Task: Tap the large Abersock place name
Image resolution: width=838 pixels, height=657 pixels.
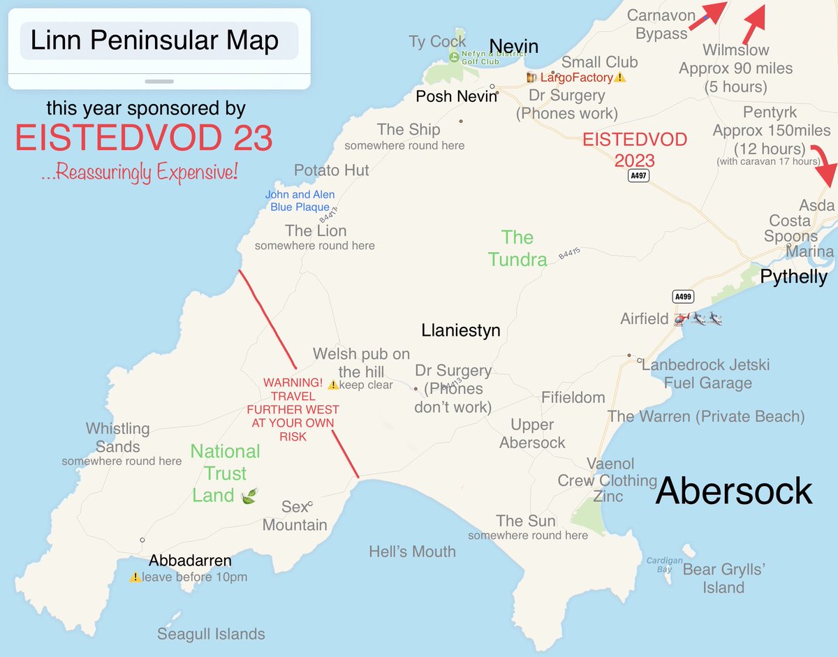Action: pyautogui.click(x=734, y=491)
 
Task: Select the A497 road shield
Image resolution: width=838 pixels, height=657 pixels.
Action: pyautogui.click(x=638, y=176)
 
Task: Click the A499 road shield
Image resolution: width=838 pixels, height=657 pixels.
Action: pyautogui.click(x=684, y=296)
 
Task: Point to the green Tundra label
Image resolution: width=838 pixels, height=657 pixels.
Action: pyautogui.click(x=517, y=249)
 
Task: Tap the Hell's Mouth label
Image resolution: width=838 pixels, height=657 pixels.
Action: pyautogui.click(x=412, y=552)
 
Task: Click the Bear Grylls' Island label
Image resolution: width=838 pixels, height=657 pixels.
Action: pyautogui.click(x=723, y=578)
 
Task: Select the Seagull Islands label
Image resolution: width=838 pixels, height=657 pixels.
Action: pyautogui.click(x=211, y=634)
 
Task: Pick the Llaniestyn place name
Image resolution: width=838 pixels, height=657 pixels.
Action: pyautogui.click(x=461, y=330)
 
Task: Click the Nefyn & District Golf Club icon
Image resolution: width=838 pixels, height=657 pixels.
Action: pyautogui.click(x=455, y=57)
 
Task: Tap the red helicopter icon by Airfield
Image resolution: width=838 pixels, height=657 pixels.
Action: pyautogui.click(x=681, y=319)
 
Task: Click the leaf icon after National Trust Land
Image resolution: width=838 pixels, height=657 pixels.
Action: pyautogui.click(x=249, y=496)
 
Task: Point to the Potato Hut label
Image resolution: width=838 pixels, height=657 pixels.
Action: pyautogui.click(x=331, y=170)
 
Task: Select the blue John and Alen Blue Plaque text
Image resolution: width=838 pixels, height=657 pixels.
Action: pyautogui.click(x=299, y=200)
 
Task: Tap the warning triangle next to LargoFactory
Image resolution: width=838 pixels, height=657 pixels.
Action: pyautogui.click(x=619, y=77)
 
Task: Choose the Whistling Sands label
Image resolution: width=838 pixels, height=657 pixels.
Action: pyautogui.click(x=117, y=438)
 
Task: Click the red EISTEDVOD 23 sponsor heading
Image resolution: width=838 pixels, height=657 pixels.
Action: pyautogui.click(x=144, y=139)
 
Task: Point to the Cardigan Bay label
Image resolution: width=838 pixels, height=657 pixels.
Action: pyautogui.click(x=663, y=565)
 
